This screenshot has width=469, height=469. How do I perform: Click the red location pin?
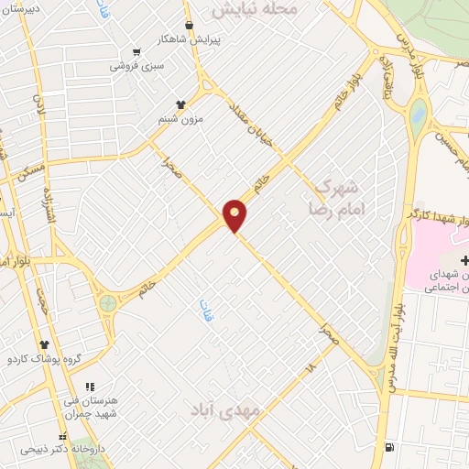[x=235, y=215]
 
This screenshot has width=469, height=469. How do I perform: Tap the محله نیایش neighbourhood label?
[x=256, y=9]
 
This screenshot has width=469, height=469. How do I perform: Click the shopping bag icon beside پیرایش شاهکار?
[x=190, y=26]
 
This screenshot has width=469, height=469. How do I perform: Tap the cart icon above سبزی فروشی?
[x=137, y=51]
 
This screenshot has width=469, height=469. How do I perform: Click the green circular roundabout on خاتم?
[x=108, y=302]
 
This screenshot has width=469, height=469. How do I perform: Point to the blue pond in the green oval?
[x=420, y=115]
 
